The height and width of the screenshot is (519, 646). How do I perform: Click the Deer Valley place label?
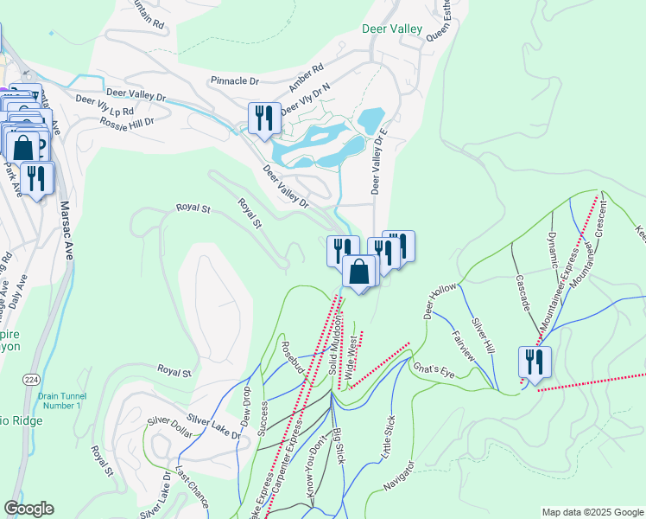click(392, 29)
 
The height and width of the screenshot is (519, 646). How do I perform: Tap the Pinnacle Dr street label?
click(235, 81)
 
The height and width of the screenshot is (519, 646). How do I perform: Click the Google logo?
click(28, 509)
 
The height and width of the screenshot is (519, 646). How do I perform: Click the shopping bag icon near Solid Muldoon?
click(359, 272)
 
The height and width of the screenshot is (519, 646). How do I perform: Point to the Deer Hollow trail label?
click(439, 299)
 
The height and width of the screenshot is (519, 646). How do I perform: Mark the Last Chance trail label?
click(192, 487)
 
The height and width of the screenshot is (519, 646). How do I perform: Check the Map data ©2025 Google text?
click(592, 512)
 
